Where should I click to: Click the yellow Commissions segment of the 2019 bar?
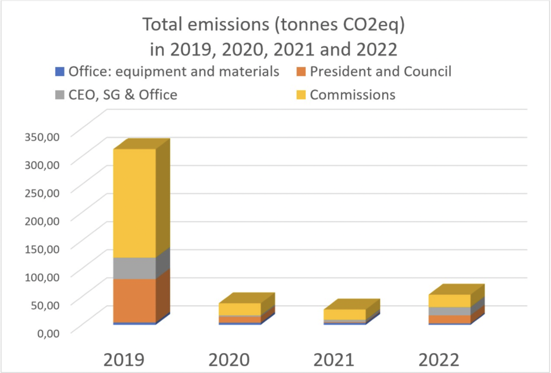coord(135,203)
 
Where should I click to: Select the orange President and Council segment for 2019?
coord(135,300)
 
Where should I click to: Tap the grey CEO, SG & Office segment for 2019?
coord(135,268)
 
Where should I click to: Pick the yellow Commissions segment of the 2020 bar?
coord(240,309)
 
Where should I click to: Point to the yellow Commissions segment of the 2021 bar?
coord(345,314)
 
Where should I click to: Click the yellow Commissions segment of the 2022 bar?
coord(450,300)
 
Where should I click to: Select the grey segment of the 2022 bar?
coord(450,311)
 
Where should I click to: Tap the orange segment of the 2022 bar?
coord(450,319)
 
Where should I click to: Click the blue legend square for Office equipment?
coord(60,72)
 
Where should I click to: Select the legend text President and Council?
coord(380,71)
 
